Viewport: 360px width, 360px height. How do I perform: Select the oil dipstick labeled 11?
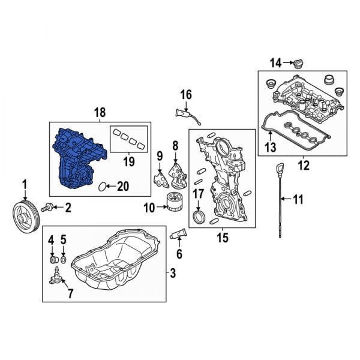point(280,201)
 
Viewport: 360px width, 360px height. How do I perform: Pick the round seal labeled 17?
point(197,215)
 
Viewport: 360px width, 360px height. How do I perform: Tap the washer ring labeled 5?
point(64,262)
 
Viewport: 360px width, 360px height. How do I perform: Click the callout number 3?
point(173,274)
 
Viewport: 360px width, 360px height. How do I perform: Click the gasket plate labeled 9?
point(159,178)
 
